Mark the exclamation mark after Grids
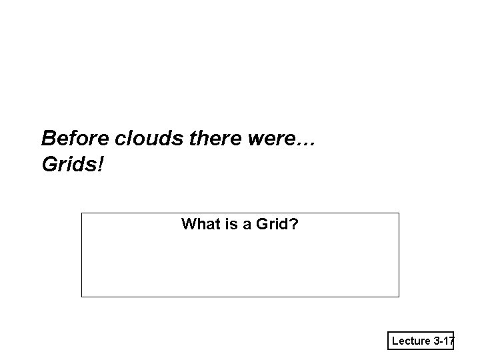tap(101, 163)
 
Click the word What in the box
tap(197, 224)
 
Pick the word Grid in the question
tap(268, 224)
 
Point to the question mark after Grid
tap(295, 224)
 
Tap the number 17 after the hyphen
tap(448, 341)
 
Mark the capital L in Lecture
tap(395, 341)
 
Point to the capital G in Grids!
tap(49, 163)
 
